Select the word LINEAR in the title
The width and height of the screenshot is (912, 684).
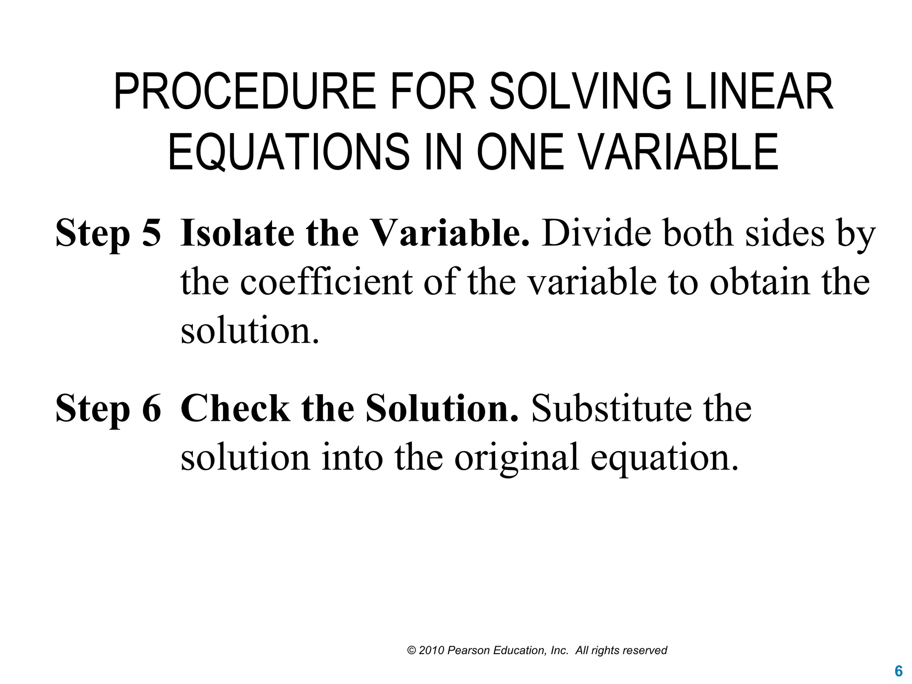[x=759, y=92]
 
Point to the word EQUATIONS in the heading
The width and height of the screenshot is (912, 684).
[x=289, y=152]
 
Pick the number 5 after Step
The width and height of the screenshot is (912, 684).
[x=151, y=233]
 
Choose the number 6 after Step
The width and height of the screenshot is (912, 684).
[x=151, y=408]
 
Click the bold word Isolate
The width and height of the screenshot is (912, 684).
[x=237, y=233]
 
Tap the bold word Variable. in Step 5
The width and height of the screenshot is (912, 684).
[x=450, y=233]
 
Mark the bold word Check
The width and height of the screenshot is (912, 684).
[x=235, y=408]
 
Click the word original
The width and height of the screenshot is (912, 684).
[x=517, y=457]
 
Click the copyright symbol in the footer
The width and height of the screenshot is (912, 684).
[x=411, y=651]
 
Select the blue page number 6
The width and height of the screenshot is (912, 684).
[x=899, y=671]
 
